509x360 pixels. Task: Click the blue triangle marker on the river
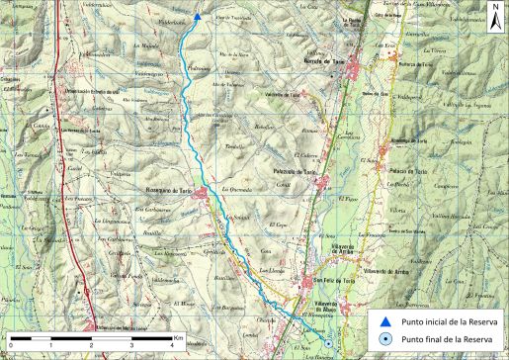click(x=197, y=16)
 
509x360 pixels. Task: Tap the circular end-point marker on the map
click(x=327, y=343)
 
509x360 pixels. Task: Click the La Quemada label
click(x=240, y=189)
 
